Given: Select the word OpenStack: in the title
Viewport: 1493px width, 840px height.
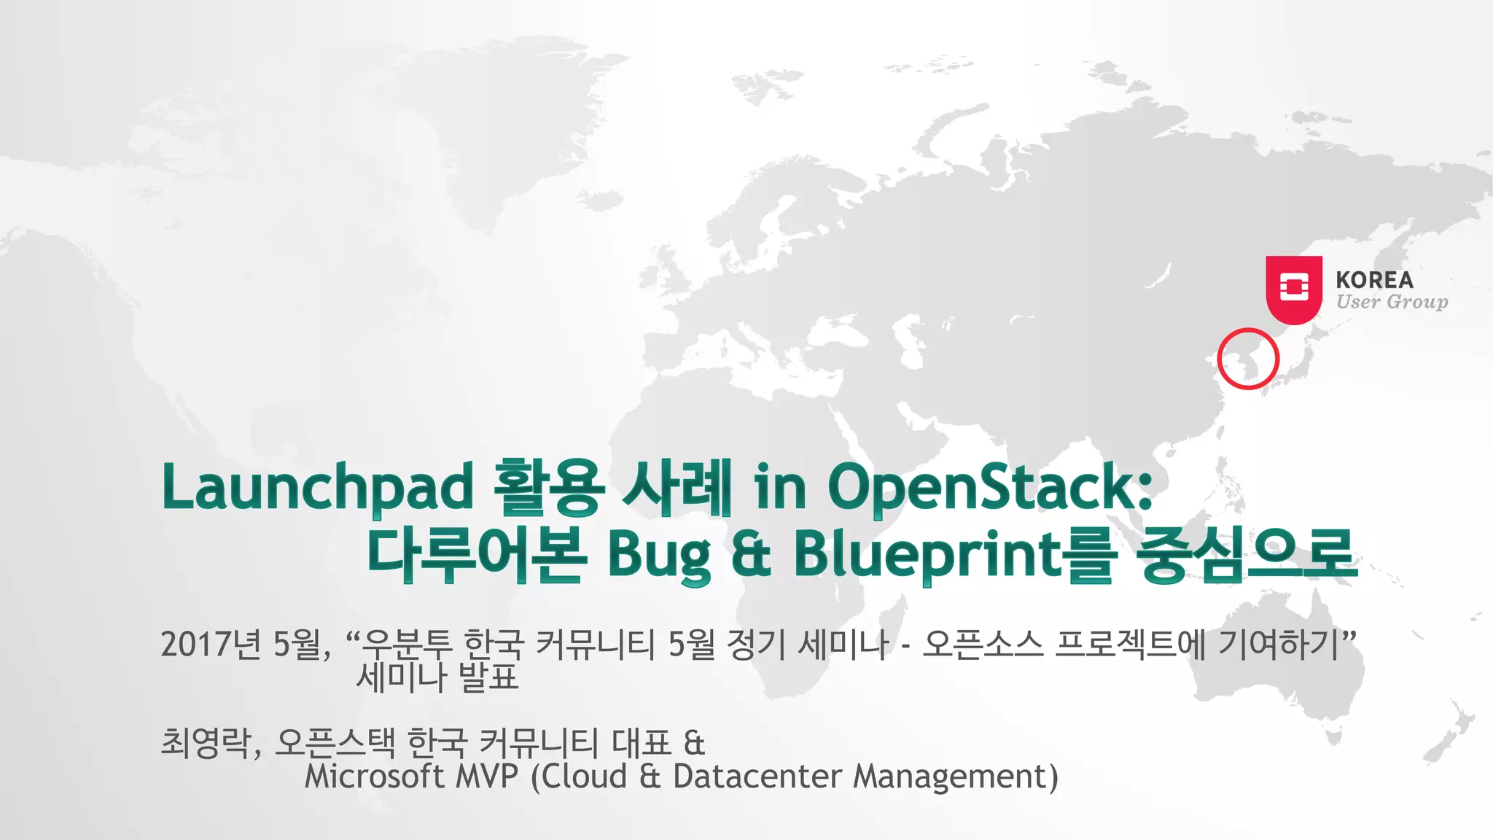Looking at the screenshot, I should [x=990, y=487].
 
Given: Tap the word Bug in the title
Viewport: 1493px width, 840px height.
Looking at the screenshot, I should [x=659, y=556].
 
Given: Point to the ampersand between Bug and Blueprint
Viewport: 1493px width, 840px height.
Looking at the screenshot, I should [x=751, y=556].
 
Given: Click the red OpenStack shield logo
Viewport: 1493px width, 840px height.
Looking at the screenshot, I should [x=1293, y=289].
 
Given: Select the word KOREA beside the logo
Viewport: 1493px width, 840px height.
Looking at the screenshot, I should [x=1374, y=280].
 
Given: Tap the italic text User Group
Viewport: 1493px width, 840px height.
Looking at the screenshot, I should [x=1392, y=302].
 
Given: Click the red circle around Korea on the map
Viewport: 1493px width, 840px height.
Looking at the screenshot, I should [x=1247, y=359].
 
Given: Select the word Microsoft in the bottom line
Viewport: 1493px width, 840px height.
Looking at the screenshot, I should [x=374, y=777].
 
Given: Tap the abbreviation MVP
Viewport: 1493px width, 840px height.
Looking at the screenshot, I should [x=486, y=777].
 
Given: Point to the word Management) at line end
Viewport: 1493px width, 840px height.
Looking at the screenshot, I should [x=955, y=777].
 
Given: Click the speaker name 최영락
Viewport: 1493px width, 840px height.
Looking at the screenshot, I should [x=206, y=743].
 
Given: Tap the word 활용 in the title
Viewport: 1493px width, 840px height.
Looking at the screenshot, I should [x=548, y=487].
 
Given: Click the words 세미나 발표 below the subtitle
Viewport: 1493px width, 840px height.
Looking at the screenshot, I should [x=437, y=677].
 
